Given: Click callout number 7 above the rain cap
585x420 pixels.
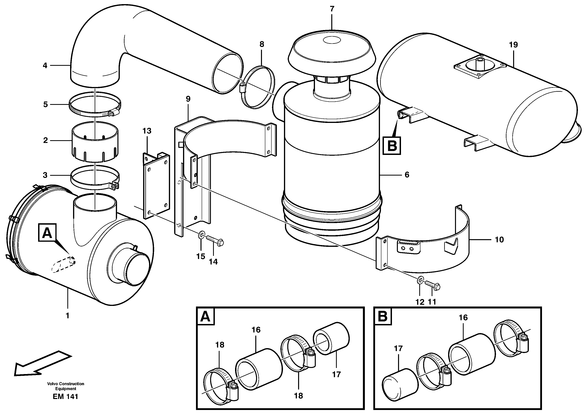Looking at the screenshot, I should [x=332, y=9].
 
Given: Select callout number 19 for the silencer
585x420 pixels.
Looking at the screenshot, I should [x=513, y=45].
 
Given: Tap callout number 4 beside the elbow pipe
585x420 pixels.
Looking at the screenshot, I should [x=45, y=66].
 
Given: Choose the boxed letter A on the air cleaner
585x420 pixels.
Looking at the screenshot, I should [x=47, y=233].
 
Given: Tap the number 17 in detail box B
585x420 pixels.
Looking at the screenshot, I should [x=398, y=349].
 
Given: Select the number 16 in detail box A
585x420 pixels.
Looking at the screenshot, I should [x=256, y=330].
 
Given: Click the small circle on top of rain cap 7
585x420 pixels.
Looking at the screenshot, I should [x=332, y=40].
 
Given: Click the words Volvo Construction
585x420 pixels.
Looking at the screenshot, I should [x=66, y=384].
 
